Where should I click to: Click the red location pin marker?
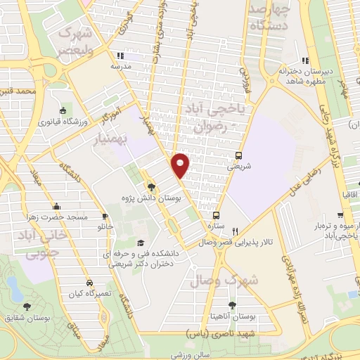tap(181, 165)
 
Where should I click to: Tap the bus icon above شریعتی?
tap(240, 156)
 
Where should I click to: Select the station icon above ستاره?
tap(217, 215)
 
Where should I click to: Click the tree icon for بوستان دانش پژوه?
tap(150, 186)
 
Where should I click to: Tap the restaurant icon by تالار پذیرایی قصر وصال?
tap(236, 231)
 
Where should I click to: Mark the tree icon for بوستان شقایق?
tap(27, 306)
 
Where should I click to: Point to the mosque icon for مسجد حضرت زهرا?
tap(55, 206)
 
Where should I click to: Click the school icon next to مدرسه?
tap(121, 56)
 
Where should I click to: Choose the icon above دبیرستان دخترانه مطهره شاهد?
tap(304, 60)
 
